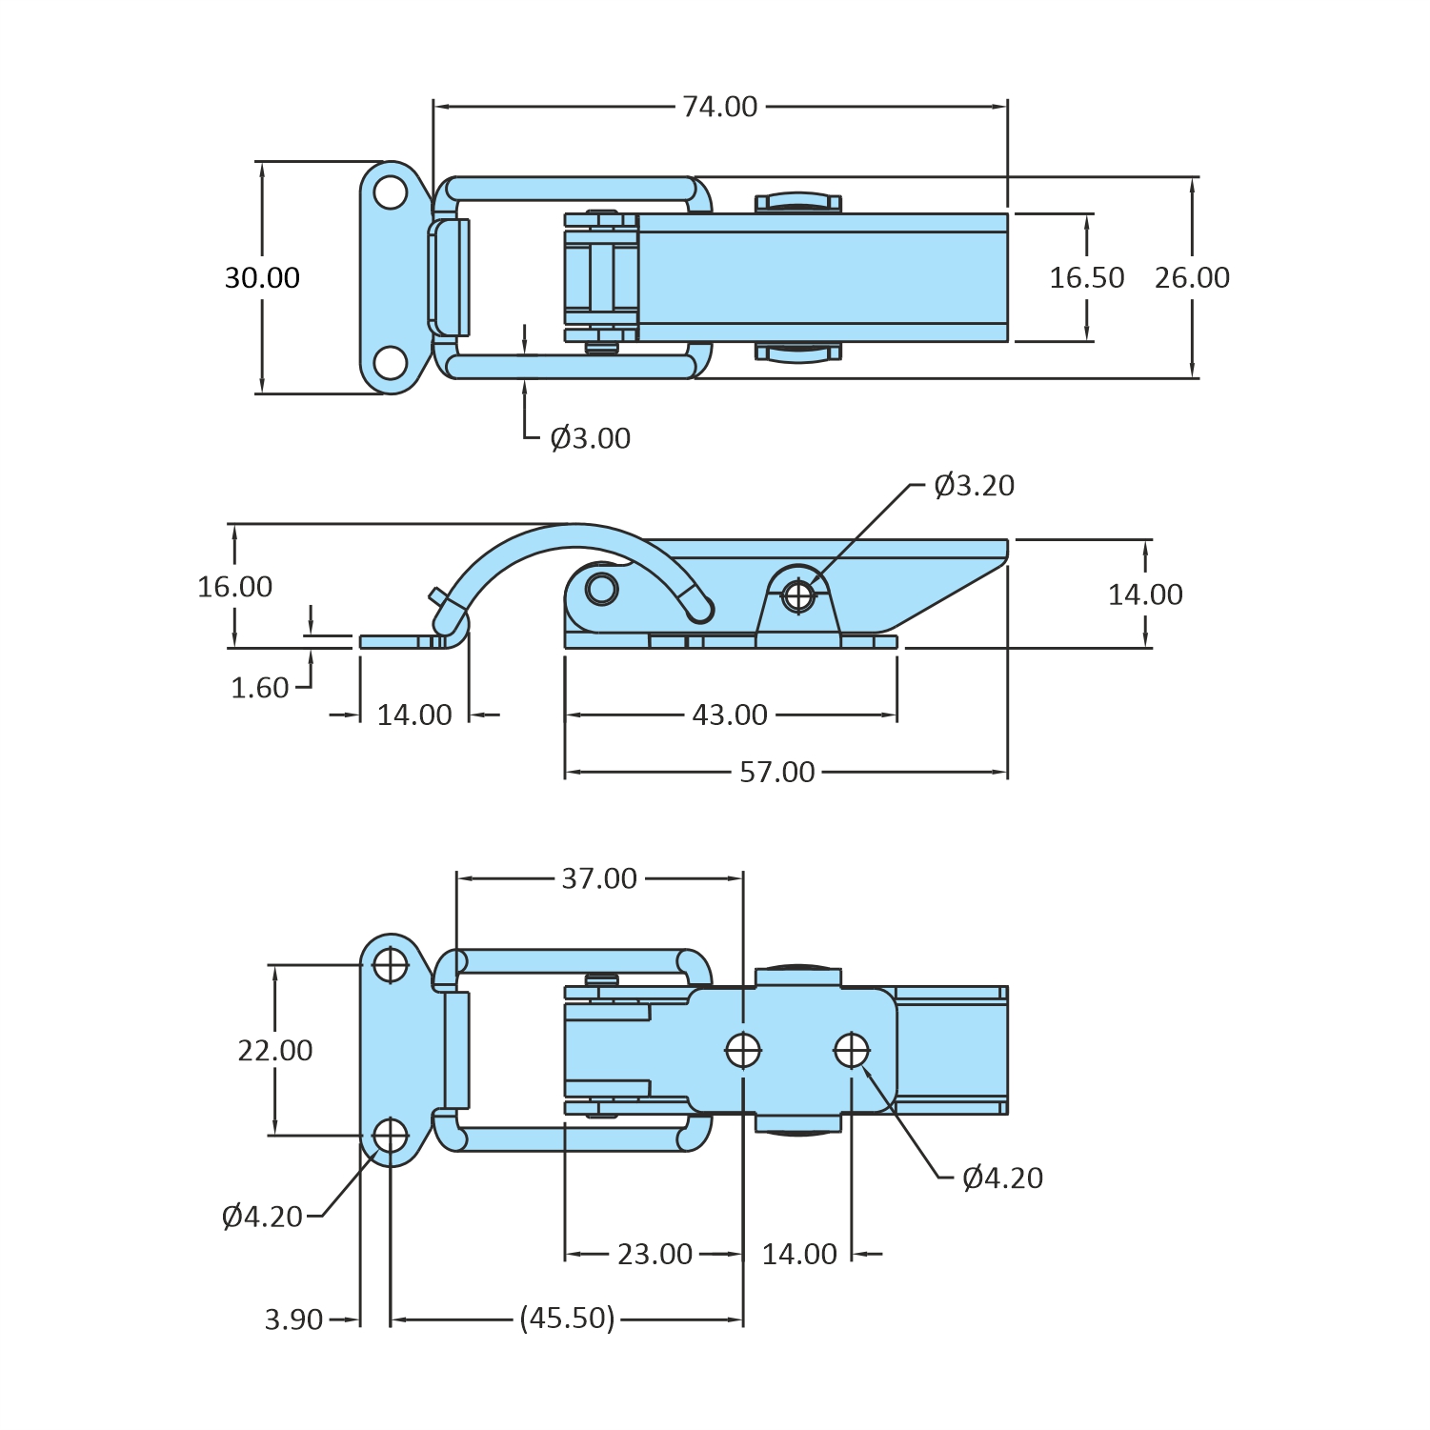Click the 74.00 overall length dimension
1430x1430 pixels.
coord(719,107)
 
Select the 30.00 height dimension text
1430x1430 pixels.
coord(262,278)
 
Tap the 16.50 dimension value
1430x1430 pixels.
coord(1086,278)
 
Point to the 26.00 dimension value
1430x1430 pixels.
coord(1192,278)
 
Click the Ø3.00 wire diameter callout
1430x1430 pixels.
coord(590,438)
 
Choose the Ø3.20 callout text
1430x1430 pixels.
coord(974,486)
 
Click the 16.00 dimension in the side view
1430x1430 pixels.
coord(234,587)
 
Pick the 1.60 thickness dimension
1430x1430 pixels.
coord(259,688)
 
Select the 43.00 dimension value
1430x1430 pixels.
coord(730,715)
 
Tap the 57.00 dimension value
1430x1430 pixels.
coord(777,773)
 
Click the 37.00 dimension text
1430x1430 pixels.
coord(599,878)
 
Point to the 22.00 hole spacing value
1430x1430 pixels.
coord(275,1051)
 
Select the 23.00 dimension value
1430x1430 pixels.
coord(655,1255)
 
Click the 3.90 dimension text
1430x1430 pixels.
coord(293,1320)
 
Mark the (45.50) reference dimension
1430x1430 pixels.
coord(568,1319)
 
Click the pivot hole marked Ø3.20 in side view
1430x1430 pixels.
coord(798,596)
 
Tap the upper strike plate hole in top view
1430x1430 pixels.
coord(391,192)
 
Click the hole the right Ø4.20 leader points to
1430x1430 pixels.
coord(852,1051)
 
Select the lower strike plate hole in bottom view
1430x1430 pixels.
coord(391,1136)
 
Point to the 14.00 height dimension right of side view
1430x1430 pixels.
coord(1145,595)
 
